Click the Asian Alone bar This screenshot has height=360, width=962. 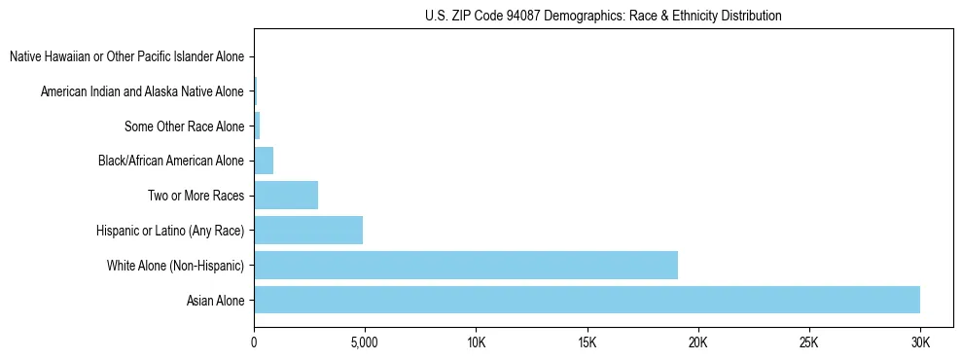tap(587, 300)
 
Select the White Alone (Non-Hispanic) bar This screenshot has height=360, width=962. tap(466, 265)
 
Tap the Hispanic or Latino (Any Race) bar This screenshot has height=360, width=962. tap(308, 231)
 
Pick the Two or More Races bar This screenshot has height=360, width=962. tap(286, 196)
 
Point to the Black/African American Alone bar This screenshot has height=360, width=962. tap(264, 161)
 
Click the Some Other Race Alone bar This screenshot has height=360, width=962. tap(257, 126)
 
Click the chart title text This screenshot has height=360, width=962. tap(603, 16)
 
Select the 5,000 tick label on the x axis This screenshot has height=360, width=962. tap(364, 343)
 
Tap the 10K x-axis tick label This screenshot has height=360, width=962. tap(476, 343)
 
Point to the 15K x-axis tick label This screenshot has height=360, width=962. tap(587, 343)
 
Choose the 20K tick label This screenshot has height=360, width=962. tap(697, 343)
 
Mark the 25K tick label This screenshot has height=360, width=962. tap(808, 343)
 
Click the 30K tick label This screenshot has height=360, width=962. tap(919, 343)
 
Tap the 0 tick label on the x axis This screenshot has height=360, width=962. tap(254, 343)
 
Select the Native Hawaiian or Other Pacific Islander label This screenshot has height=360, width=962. tap(126, 56)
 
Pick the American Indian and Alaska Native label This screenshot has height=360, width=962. tap(142, 91)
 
